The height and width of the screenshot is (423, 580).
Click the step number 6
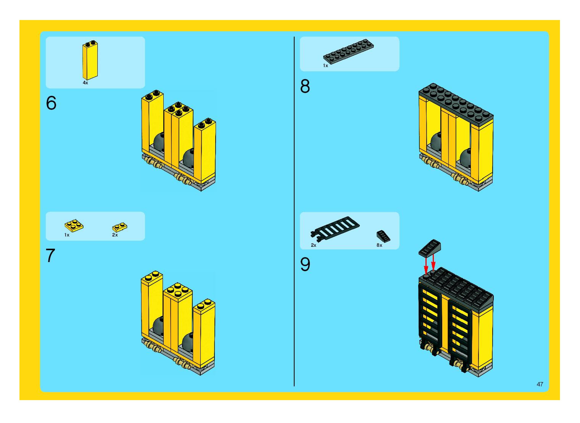[x=51, y=103]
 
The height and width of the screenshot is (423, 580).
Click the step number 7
[x=51, y=255]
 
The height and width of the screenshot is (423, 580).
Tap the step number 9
[x=305, y=264]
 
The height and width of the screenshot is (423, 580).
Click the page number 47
[x=540, y=384]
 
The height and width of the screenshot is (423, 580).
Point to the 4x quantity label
[x=85, y=83]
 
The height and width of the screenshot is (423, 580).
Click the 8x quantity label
[x=379, y=245]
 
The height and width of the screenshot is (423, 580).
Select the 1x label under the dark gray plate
[x=325, y=66]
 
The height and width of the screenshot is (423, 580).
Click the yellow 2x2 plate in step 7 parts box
[x=74, y=225]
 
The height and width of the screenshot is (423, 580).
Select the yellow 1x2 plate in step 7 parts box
[x=120, y=227]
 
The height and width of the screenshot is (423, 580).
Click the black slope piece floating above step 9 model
[x=430, y=247]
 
